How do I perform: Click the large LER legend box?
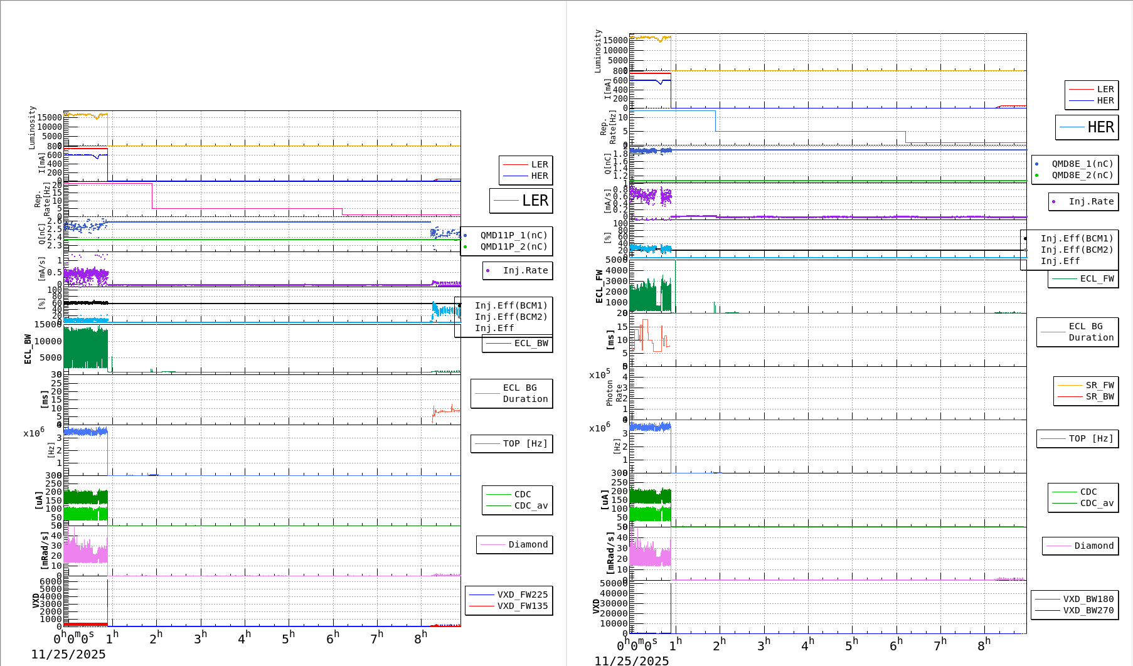[521, 201]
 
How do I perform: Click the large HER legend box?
[1087, 127]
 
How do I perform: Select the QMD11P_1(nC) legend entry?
[513, 235]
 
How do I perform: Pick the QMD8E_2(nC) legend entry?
[1082, 175]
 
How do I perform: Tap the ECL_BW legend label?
[531, 343]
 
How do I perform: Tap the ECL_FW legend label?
[1097, 278]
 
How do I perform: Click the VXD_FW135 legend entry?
[522, 606]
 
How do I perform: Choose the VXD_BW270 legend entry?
[1088, 610]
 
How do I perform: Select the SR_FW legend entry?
[1099, 385]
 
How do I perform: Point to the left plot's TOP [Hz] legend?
[512, 443]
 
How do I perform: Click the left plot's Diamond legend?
[515, 544]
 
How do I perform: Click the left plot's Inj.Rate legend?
[518, 270]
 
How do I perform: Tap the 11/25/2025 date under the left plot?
[68, 654]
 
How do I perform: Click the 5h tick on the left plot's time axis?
[288, 638]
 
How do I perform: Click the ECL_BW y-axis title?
[28, 349]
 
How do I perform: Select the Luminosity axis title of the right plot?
[598, 51]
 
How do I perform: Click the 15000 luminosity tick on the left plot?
[50, 117]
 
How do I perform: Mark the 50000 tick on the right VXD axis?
[614, 583]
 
